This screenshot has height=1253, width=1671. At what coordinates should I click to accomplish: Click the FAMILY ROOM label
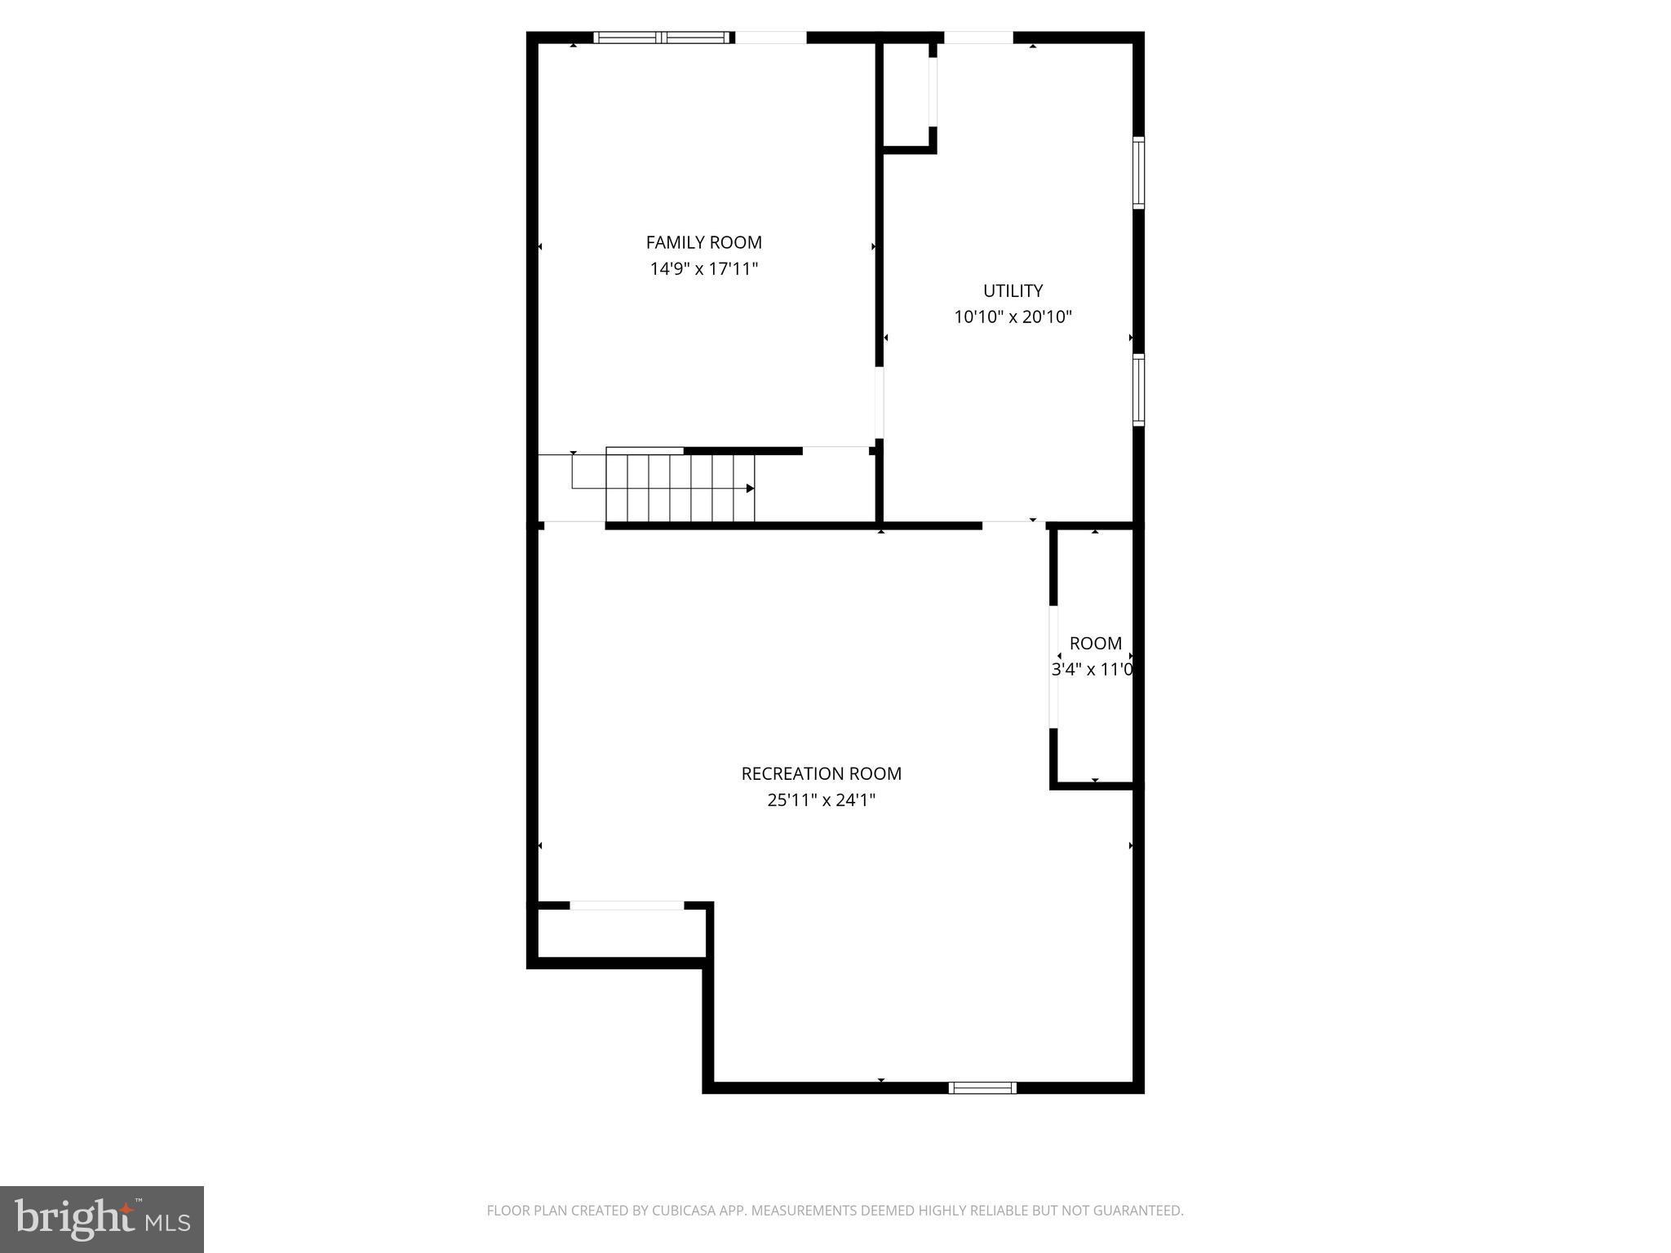pos(703,242)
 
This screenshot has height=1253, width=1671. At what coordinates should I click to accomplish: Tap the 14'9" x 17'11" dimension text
pos(703,268)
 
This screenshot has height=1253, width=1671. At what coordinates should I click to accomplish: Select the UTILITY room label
pos(1013,290)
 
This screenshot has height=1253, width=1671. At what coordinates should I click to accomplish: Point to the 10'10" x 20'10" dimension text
pos(1013,317)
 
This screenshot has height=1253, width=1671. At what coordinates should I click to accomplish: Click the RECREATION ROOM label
pos(821,773)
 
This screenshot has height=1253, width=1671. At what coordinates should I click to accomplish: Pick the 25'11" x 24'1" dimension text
pos(821,799)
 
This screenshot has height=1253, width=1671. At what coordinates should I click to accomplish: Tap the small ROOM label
pos(1095,643)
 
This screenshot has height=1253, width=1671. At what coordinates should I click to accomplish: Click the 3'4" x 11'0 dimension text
pos(1092,670)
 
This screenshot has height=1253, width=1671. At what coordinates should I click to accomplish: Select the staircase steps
pos(680,488)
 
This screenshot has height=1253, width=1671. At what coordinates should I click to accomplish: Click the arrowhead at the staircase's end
pos(750,489)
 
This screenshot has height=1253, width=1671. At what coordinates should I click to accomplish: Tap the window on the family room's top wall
pos(662,37)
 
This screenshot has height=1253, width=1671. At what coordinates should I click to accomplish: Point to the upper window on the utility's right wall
pos(1138,173)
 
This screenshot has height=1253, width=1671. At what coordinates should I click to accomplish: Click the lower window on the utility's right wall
pos(1138,390)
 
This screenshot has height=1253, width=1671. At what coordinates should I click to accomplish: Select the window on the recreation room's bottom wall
pos(982,1087)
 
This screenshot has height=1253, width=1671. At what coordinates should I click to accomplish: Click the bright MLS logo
pos(102,1220)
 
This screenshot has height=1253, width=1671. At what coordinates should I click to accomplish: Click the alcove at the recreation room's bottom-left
pos(622,933)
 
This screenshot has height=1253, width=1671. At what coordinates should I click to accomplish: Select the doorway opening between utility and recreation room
pos(1013,525)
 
